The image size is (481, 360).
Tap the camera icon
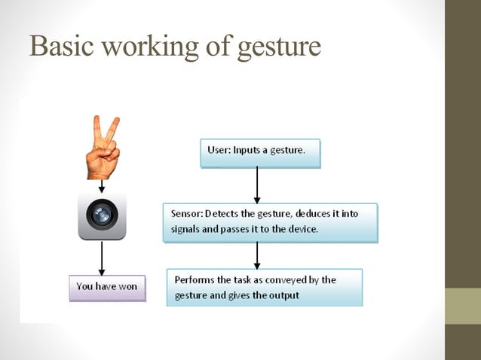(x=102, y=215)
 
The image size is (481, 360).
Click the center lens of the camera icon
(x=102, y=216)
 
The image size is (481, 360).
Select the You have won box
(x=107, y=288)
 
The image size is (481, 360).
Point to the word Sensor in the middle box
(x=184, y=214)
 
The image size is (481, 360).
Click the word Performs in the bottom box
(x=195, y=279)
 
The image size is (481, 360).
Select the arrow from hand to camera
(x=102, y=185)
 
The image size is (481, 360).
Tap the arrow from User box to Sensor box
(x=257, y=185)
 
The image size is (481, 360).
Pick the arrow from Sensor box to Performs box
(x=257, y=255)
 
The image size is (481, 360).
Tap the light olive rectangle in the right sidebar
(x=462, y=306)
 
